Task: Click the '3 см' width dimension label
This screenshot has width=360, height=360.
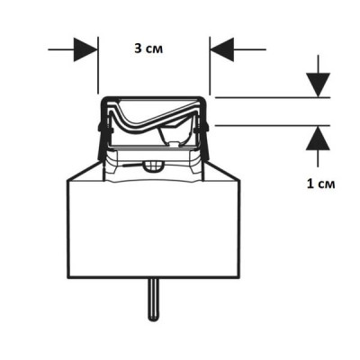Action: point(148,49)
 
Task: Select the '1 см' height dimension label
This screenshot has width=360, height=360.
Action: point(320,184)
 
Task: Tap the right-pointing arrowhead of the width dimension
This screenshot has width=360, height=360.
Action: point(85,49)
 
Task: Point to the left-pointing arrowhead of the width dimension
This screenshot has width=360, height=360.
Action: point(222,49)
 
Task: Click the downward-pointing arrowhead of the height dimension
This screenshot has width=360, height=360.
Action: point(318,85)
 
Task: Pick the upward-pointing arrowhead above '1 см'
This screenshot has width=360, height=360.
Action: point(318,138)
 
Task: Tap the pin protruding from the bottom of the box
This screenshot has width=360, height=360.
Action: point(154,300)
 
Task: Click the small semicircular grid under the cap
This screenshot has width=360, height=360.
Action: point(153,166)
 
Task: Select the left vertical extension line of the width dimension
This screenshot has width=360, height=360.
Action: point(98,66)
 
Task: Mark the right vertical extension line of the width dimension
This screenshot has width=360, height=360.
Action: point(210,66)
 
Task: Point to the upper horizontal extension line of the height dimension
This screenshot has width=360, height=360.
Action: point(273,97)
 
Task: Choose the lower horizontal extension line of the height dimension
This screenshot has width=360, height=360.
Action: point(273,125)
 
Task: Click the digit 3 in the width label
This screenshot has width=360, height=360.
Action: point(138,49)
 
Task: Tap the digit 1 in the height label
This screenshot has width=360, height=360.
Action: point(310,184)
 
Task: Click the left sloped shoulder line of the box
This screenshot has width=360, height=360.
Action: point(83,171)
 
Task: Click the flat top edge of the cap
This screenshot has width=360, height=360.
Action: point(154,97)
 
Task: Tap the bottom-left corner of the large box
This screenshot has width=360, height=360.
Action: point(67,278)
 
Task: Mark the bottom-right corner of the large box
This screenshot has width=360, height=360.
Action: point(240,278)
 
